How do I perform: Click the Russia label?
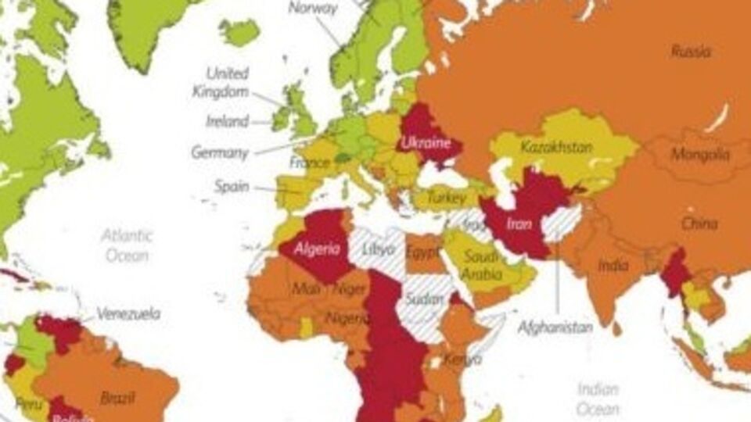692,52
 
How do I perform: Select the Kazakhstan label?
556,147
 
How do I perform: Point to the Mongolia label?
699,155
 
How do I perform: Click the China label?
699,224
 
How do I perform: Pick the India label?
613,266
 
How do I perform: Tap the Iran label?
519,224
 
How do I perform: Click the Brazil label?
118,398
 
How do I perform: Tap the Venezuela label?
129,314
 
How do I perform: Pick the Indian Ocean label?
598,399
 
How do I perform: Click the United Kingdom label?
220,82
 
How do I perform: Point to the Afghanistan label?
555,327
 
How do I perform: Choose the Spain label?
232,188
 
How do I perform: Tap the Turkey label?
447,200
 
